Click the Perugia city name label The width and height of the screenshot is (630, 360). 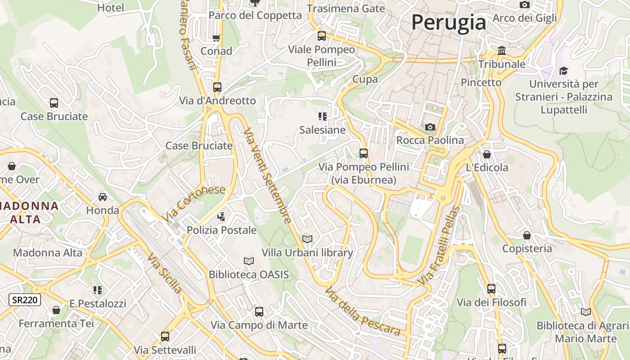(449, 22)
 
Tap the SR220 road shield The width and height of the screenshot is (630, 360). (25, 300)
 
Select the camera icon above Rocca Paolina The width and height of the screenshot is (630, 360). (430, 127)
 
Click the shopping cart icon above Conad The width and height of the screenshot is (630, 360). (216, 38)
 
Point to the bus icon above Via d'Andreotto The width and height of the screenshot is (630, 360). (217, 87)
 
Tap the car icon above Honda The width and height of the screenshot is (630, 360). (103, 197)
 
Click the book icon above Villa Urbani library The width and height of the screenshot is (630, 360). (307, 239)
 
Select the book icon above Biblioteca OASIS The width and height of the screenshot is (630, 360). (249, 261)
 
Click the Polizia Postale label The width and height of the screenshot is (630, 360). (221, 230)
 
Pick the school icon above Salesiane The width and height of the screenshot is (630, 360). (323, 117)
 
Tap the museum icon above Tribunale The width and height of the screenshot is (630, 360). (502, 50)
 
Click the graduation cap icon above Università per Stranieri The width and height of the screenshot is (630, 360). (563, 71)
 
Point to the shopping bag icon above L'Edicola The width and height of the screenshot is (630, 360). (487, 154)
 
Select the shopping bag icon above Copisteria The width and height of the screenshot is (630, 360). (527, 235)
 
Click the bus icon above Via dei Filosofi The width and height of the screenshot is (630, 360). (491, 288)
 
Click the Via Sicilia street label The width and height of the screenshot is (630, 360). (165, 273)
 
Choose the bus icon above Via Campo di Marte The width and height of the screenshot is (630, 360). (259, 311)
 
